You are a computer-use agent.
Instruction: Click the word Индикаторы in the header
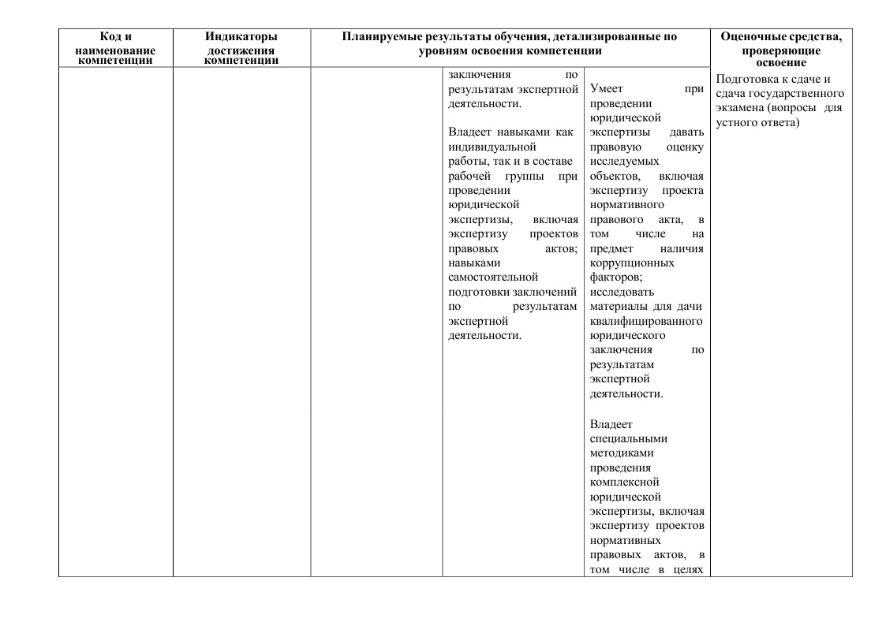pyautogui.click(x=241, y=37)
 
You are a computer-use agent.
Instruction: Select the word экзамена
pyautogui.click(x=742, y=108)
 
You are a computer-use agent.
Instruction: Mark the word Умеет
pyautogui.click(x=606, y=89)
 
